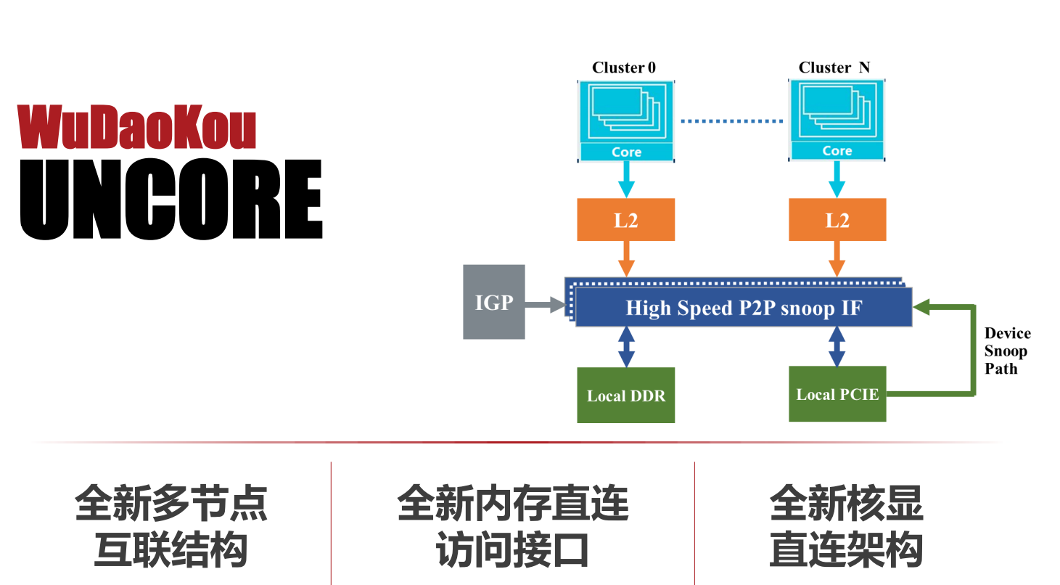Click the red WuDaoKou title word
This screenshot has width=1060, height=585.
click(138, 128)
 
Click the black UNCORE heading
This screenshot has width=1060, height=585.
click(171, 200)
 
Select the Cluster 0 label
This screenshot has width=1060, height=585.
click(624, 67)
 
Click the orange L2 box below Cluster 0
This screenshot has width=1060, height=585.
click(626, 220)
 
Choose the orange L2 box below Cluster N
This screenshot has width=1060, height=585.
click(837, 220)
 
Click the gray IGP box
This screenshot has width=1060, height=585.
click(494, 302)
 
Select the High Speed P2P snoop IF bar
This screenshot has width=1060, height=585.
click(743, 308)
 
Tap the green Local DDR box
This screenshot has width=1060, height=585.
click(626, 396)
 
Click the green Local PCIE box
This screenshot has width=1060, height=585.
click(837, 394)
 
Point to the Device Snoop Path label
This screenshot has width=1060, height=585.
click(1007, 351)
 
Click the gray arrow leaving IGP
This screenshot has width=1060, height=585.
click(545, 306)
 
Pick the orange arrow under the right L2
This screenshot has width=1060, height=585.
click(837, 258)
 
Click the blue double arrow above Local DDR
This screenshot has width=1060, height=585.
click(626, 347)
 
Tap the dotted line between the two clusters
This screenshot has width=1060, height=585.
click(731, 121)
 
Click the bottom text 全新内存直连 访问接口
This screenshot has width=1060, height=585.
click(512, 526)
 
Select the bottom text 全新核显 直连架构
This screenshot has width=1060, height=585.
click(846, 526)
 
